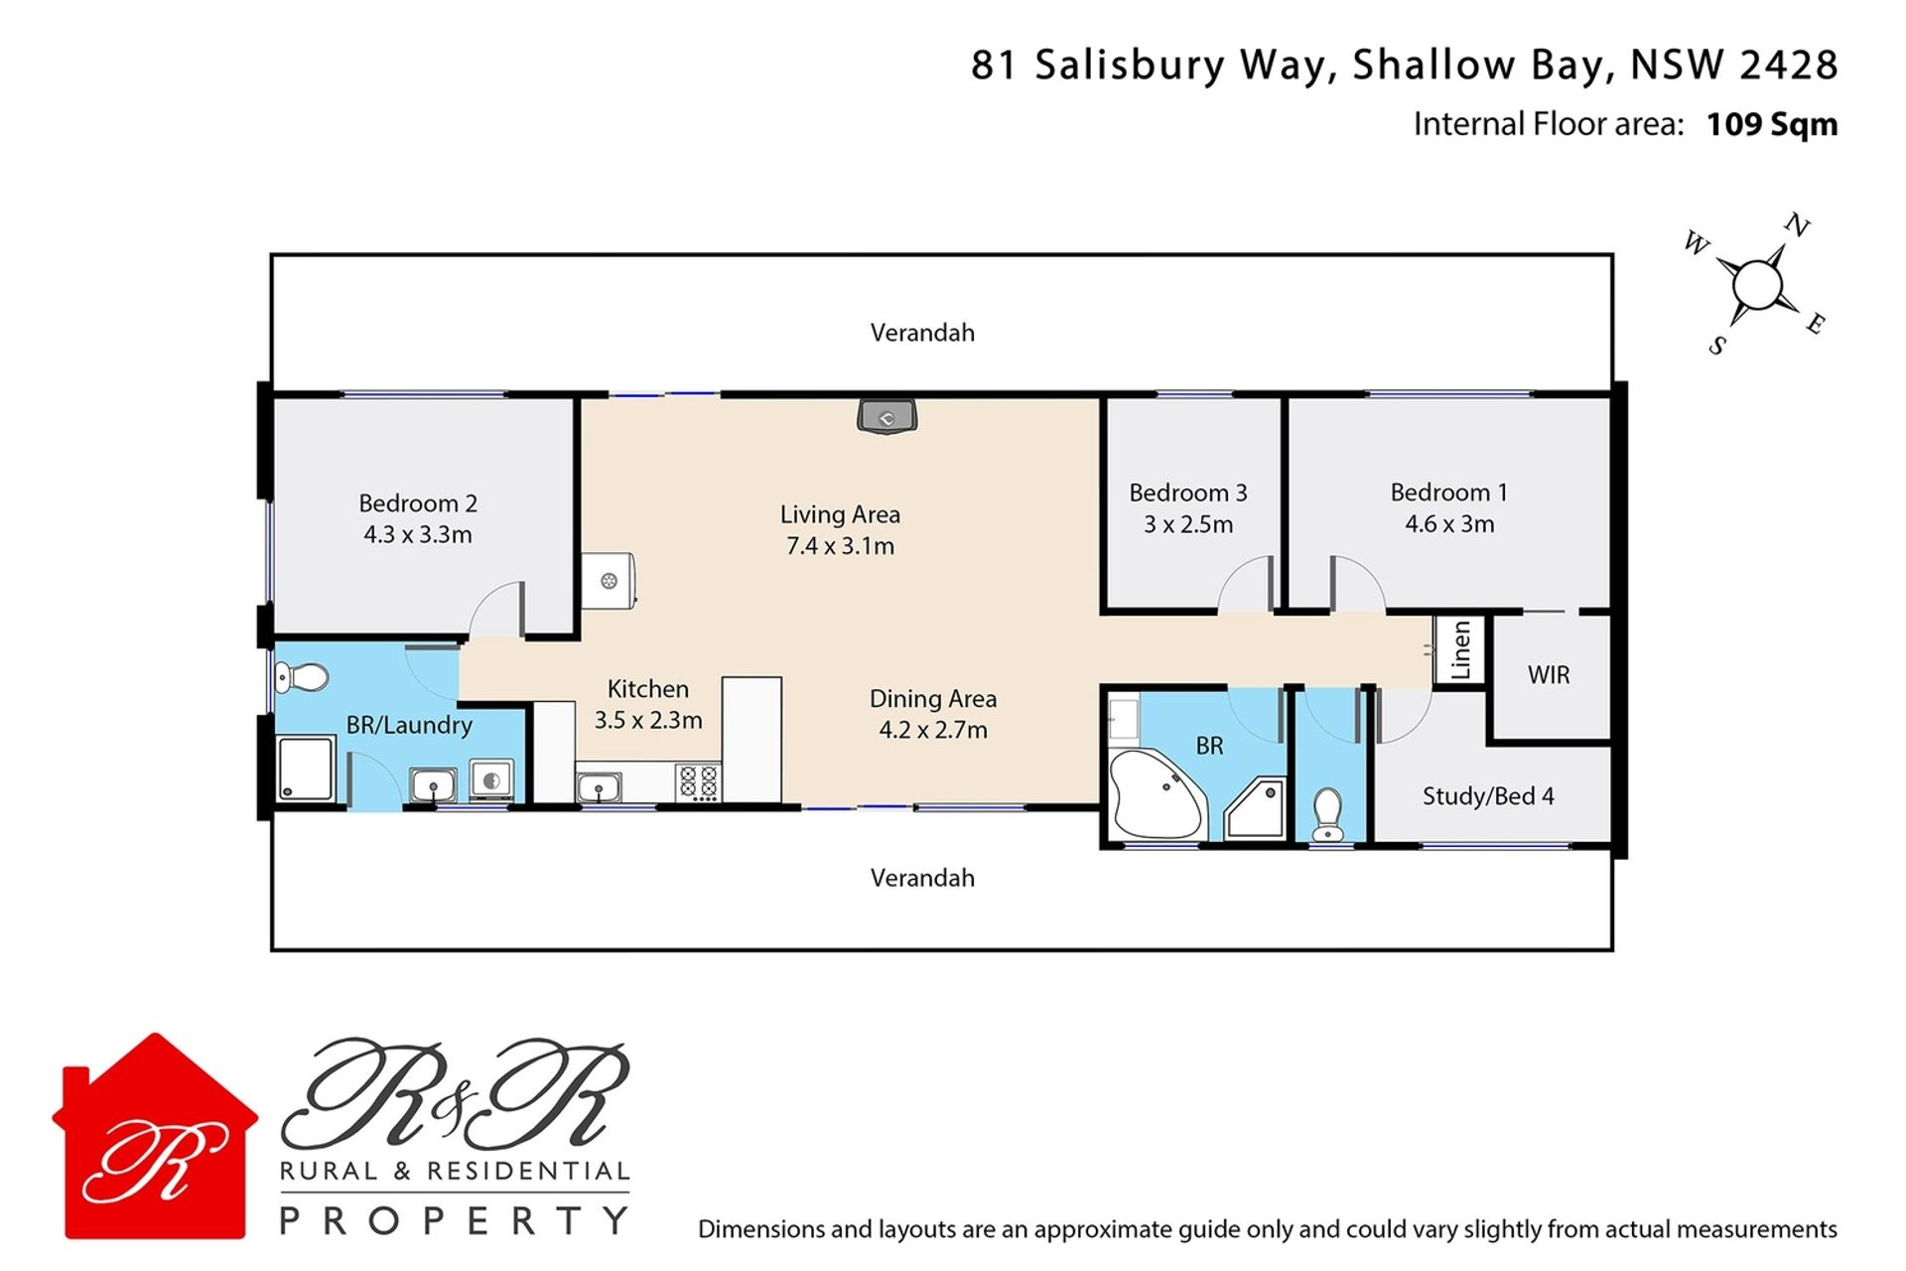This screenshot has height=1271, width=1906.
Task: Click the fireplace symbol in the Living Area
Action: click(886, 417)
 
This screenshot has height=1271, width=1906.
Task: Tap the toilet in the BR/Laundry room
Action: click(302, 678)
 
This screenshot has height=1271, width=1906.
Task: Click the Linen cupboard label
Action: click(1460, 650)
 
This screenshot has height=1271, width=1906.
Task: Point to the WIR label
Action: click(1549, 675)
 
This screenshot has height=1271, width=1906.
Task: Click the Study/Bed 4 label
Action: click(1488, 796)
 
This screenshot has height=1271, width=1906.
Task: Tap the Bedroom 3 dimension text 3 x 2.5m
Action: click(1188, 524)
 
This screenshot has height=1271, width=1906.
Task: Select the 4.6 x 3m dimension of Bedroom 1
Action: click(1449, 524)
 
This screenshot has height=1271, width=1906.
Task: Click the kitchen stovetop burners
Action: click(698, 782)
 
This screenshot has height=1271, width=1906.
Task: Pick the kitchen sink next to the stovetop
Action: click(599, 788)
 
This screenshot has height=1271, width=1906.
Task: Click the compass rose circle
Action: click(1758, 285)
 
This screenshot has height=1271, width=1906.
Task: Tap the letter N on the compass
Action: click(1798, 226)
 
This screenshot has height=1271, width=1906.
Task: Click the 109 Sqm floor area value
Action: click(1772, 125)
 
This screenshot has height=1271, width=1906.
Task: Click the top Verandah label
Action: click(922, 333)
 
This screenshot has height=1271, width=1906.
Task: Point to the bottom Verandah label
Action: click(922, 878)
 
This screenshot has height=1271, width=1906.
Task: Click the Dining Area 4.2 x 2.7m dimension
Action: click(933, 731)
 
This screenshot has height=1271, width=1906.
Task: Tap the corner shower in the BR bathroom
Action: click(1255, 808)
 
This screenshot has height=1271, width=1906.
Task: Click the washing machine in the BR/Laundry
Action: click(491, 780)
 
